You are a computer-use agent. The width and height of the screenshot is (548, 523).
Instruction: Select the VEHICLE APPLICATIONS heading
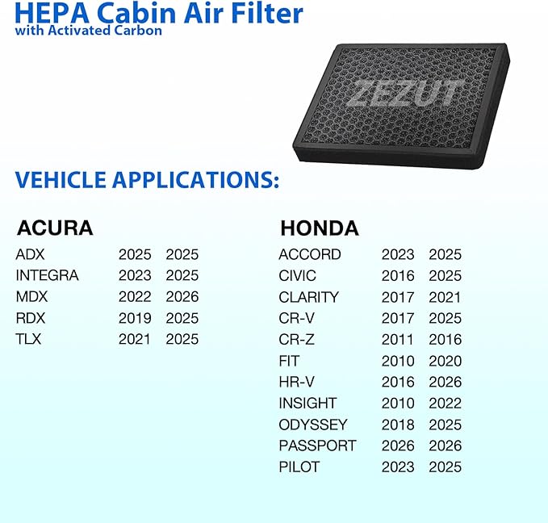click(148, 179)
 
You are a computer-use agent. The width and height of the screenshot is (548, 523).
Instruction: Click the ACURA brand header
click(55, 228)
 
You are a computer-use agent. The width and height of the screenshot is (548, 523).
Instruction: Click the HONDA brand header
click(319, 228)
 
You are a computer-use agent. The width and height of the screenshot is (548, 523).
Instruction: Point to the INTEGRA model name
click(48, 275)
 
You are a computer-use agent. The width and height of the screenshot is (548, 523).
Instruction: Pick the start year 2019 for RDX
click(135, 318)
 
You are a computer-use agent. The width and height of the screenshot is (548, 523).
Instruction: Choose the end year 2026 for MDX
click(182, 297)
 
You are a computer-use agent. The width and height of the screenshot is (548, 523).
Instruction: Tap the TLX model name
click(28, 339)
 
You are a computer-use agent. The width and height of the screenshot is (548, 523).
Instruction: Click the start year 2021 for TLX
click(135, 339)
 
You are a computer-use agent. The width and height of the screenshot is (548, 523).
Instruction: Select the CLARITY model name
click(308, 297)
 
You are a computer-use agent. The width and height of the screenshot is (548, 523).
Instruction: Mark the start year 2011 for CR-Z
click(398, 339)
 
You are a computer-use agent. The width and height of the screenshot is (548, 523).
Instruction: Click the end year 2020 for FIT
click(446, 361)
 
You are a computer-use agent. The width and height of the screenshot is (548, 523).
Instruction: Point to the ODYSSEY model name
click(313, 425)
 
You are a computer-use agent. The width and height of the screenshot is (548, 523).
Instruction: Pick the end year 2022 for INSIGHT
click(446, 403)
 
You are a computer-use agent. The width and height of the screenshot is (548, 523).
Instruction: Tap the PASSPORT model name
click(317, 446)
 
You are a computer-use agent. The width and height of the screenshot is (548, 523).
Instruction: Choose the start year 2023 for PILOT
click(398, 467)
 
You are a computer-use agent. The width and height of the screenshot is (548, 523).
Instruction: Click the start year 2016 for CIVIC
click(398, 275)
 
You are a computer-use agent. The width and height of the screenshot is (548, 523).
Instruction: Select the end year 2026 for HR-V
click(446, 382)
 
